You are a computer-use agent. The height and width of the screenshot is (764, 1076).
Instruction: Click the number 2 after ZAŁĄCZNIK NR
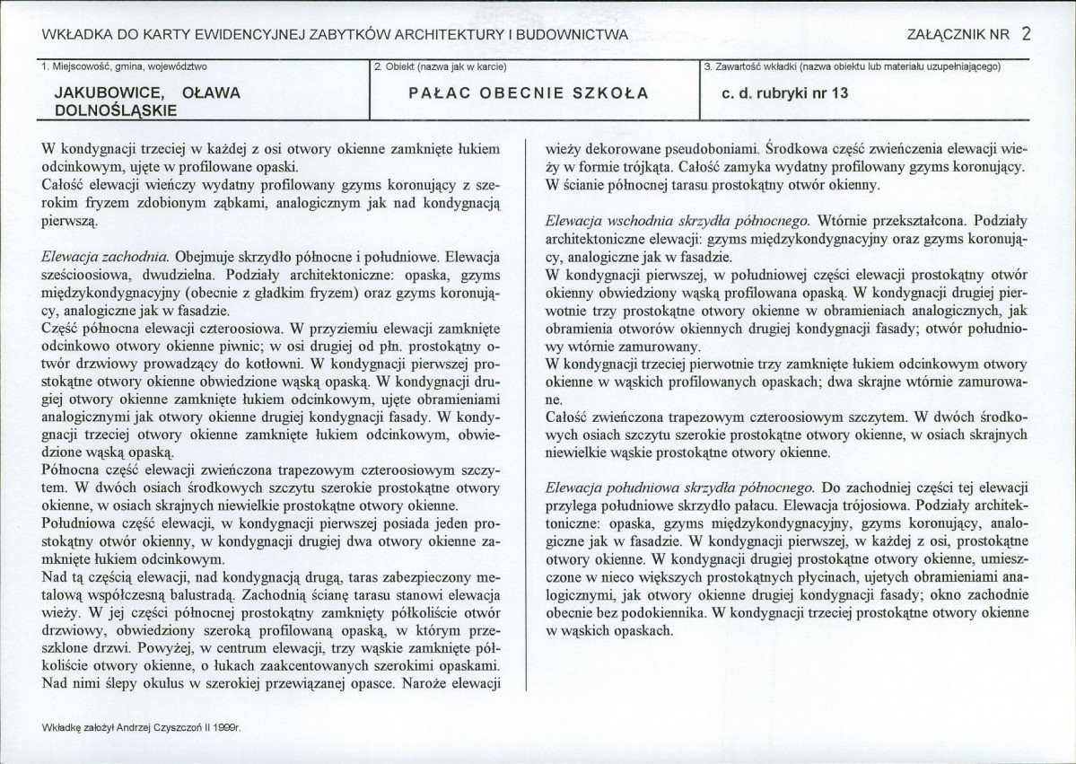coord(1026,35)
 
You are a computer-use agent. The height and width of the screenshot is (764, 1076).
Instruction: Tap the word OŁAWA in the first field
coord(211,92)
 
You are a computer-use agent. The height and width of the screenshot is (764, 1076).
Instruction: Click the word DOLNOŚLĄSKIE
coord(116,110)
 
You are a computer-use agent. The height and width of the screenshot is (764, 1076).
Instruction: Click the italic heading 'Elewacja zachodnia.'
coord(106,256)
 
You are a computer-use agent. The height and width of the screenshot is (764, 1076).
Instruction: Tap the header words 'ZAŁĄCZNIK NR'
coord(959,36)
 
